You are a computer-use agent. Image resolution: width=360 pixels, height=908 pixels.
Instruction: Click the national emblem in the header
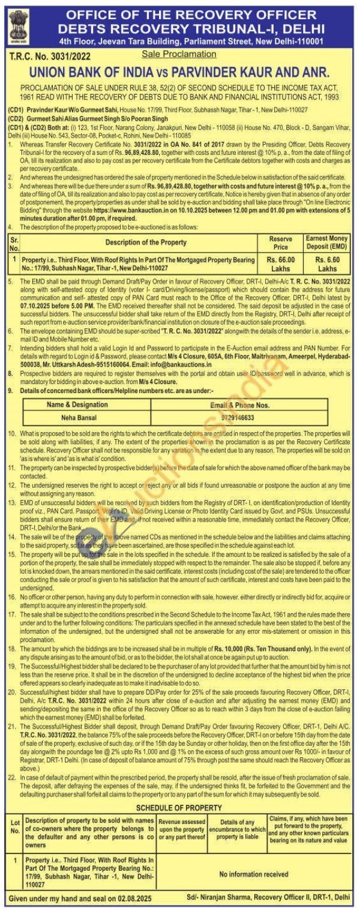click(x=16, y=23)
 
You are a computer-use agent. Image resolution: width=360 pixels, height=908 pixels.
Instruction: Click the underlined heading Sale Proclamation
click(x=179, y=54)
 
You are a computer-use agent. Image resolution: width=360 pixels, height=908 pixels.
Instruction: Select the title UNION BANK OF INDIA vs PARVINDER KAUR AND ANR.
click(x=179, y=72)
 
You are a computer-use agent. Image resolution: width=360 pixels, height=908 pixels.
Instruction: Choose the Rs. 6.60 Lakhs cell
click(x=328, y=263)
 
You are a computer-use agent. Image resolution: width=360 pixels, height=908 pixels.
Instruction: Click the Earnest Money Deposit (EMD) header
click(x=328, y=242)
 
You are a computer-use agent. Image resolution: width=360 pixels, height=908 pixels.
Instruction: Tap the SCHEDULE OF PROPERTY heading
click(x=179, y=808)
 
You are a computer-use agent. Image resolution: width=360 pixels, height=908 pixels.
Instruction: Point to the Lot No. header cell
click(x=15, y=831)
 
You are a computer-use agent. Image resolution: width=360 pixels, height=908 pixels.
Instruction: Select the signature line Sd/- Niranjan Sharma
click(x=268, y=897)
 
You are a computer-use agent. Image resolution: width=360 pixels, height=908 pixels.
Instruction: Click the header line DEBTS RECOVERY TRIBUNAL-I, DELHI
click(x=191, y=28)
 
